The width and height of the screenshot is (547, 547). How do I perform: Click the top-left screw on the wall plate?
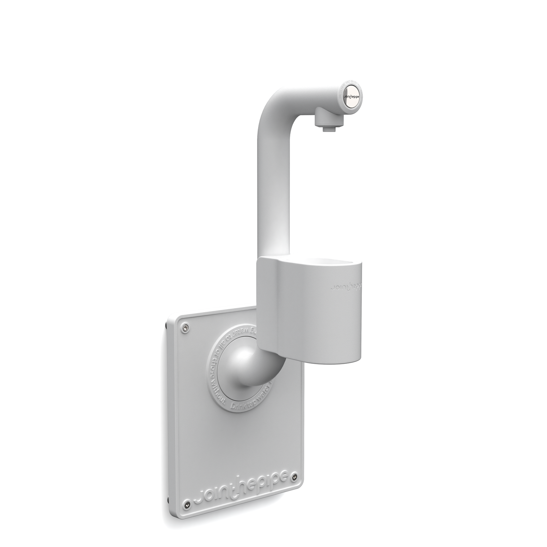tap(185, 328)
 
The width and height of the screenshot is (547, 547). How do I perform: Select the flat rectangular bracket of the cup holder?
tap(268, 301)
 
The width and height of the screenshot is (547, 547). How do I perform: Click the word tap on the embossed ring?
tap(250, 404)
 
